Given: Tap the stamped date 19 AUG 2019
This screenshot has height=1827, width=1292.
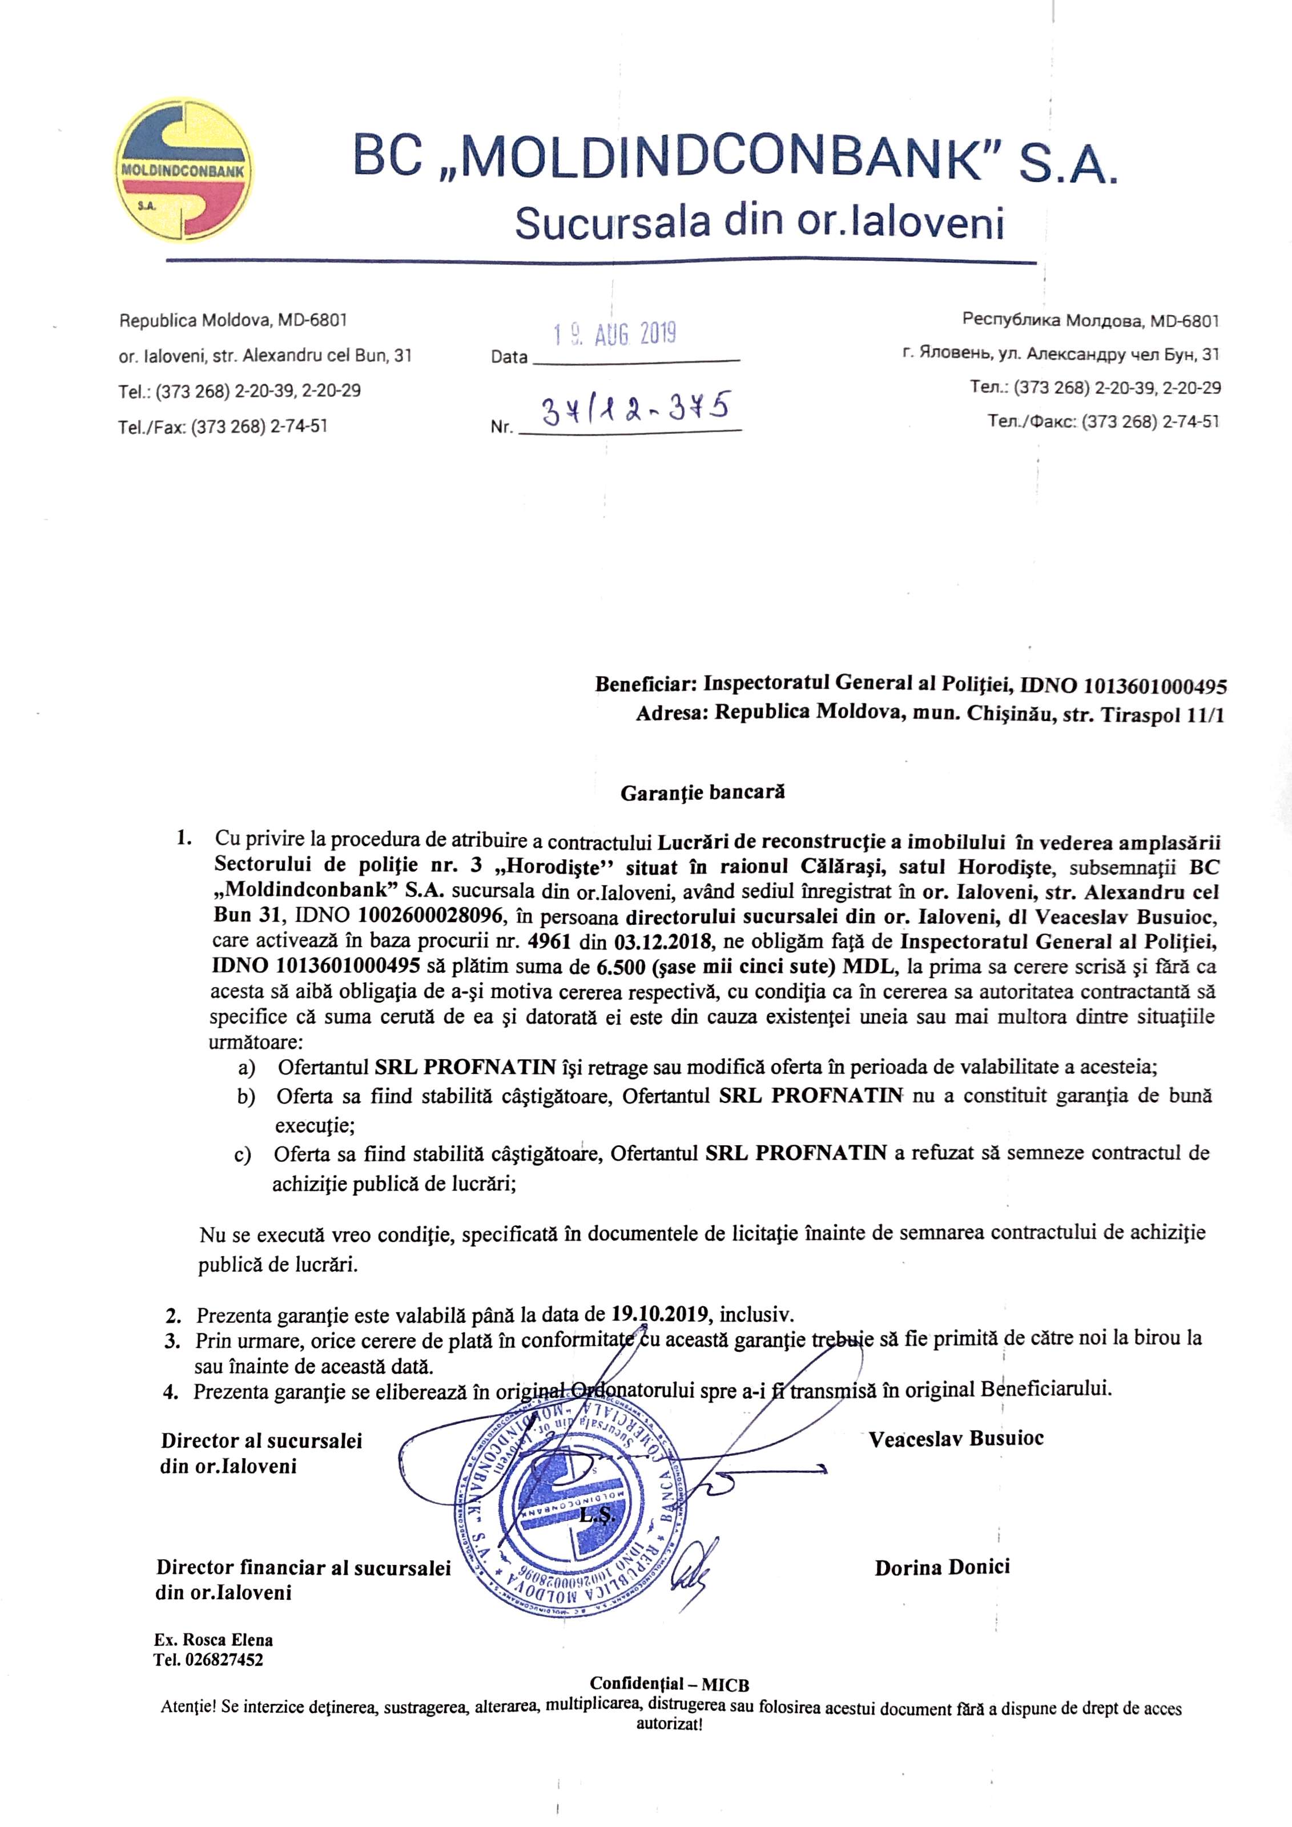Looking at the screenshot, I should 615,333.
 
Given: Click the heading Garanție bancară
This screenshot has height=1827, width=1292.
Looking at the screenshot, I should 702,792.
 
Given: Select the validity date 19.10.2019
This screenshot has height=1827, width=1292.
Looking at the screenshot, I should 661,1314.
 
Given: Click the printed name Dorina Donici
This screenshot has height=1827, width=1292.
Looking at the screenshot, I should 942,1568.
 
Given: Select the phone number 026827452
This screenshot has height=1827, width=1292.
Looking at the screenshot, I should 224,1660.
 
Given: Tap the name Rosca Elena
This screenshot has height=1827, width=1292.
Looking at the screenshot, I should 228,1640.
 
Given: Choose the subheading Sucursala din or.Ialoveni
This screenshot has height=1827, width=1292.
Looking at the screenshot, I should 758,222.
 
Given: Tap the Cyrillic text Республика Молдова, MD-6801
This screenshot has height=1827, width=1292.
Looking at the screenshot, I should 1090,321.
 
